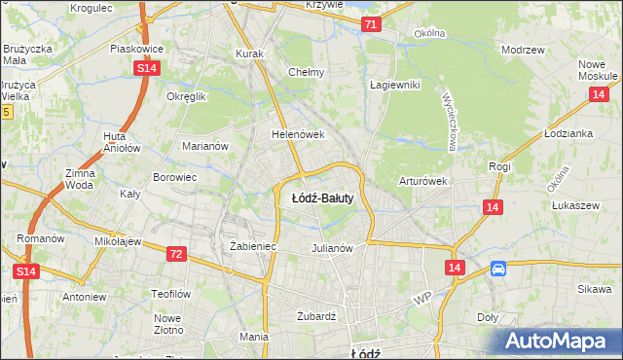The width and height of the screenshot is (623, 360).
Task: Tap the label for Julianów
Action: pyautogui.click(x=331, y=247)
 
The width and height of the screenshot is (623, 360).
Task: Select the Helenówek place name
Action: pyautogui.click(x=297, y=135)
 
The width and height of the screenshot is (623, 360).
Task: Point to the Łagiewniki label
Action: pyautogui.click(x=394, y=85)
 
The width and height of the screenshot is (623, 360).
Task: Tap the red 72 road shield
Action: pyautogui.click(x=175, y=254)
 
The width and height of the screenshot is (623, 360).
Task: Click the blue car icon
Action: pyautogui.click(x=498, y=270)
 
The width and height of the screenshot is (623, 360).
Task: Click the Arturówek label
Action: pyautogui.click(x=422, y=181)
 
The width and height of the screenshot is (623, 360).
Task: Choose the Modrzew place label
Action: pyautogui.click(x=521, y=50)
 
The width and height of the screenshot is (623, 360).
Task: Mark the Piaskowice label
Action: pyautogui.click(x=135, y=48)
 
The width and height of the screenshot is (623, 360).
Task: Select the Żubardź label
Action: pyautogui.click(x=315, y=316)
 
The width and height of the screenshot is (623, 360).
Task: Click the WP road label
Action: pyautogui.click(x=421, y=299)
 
